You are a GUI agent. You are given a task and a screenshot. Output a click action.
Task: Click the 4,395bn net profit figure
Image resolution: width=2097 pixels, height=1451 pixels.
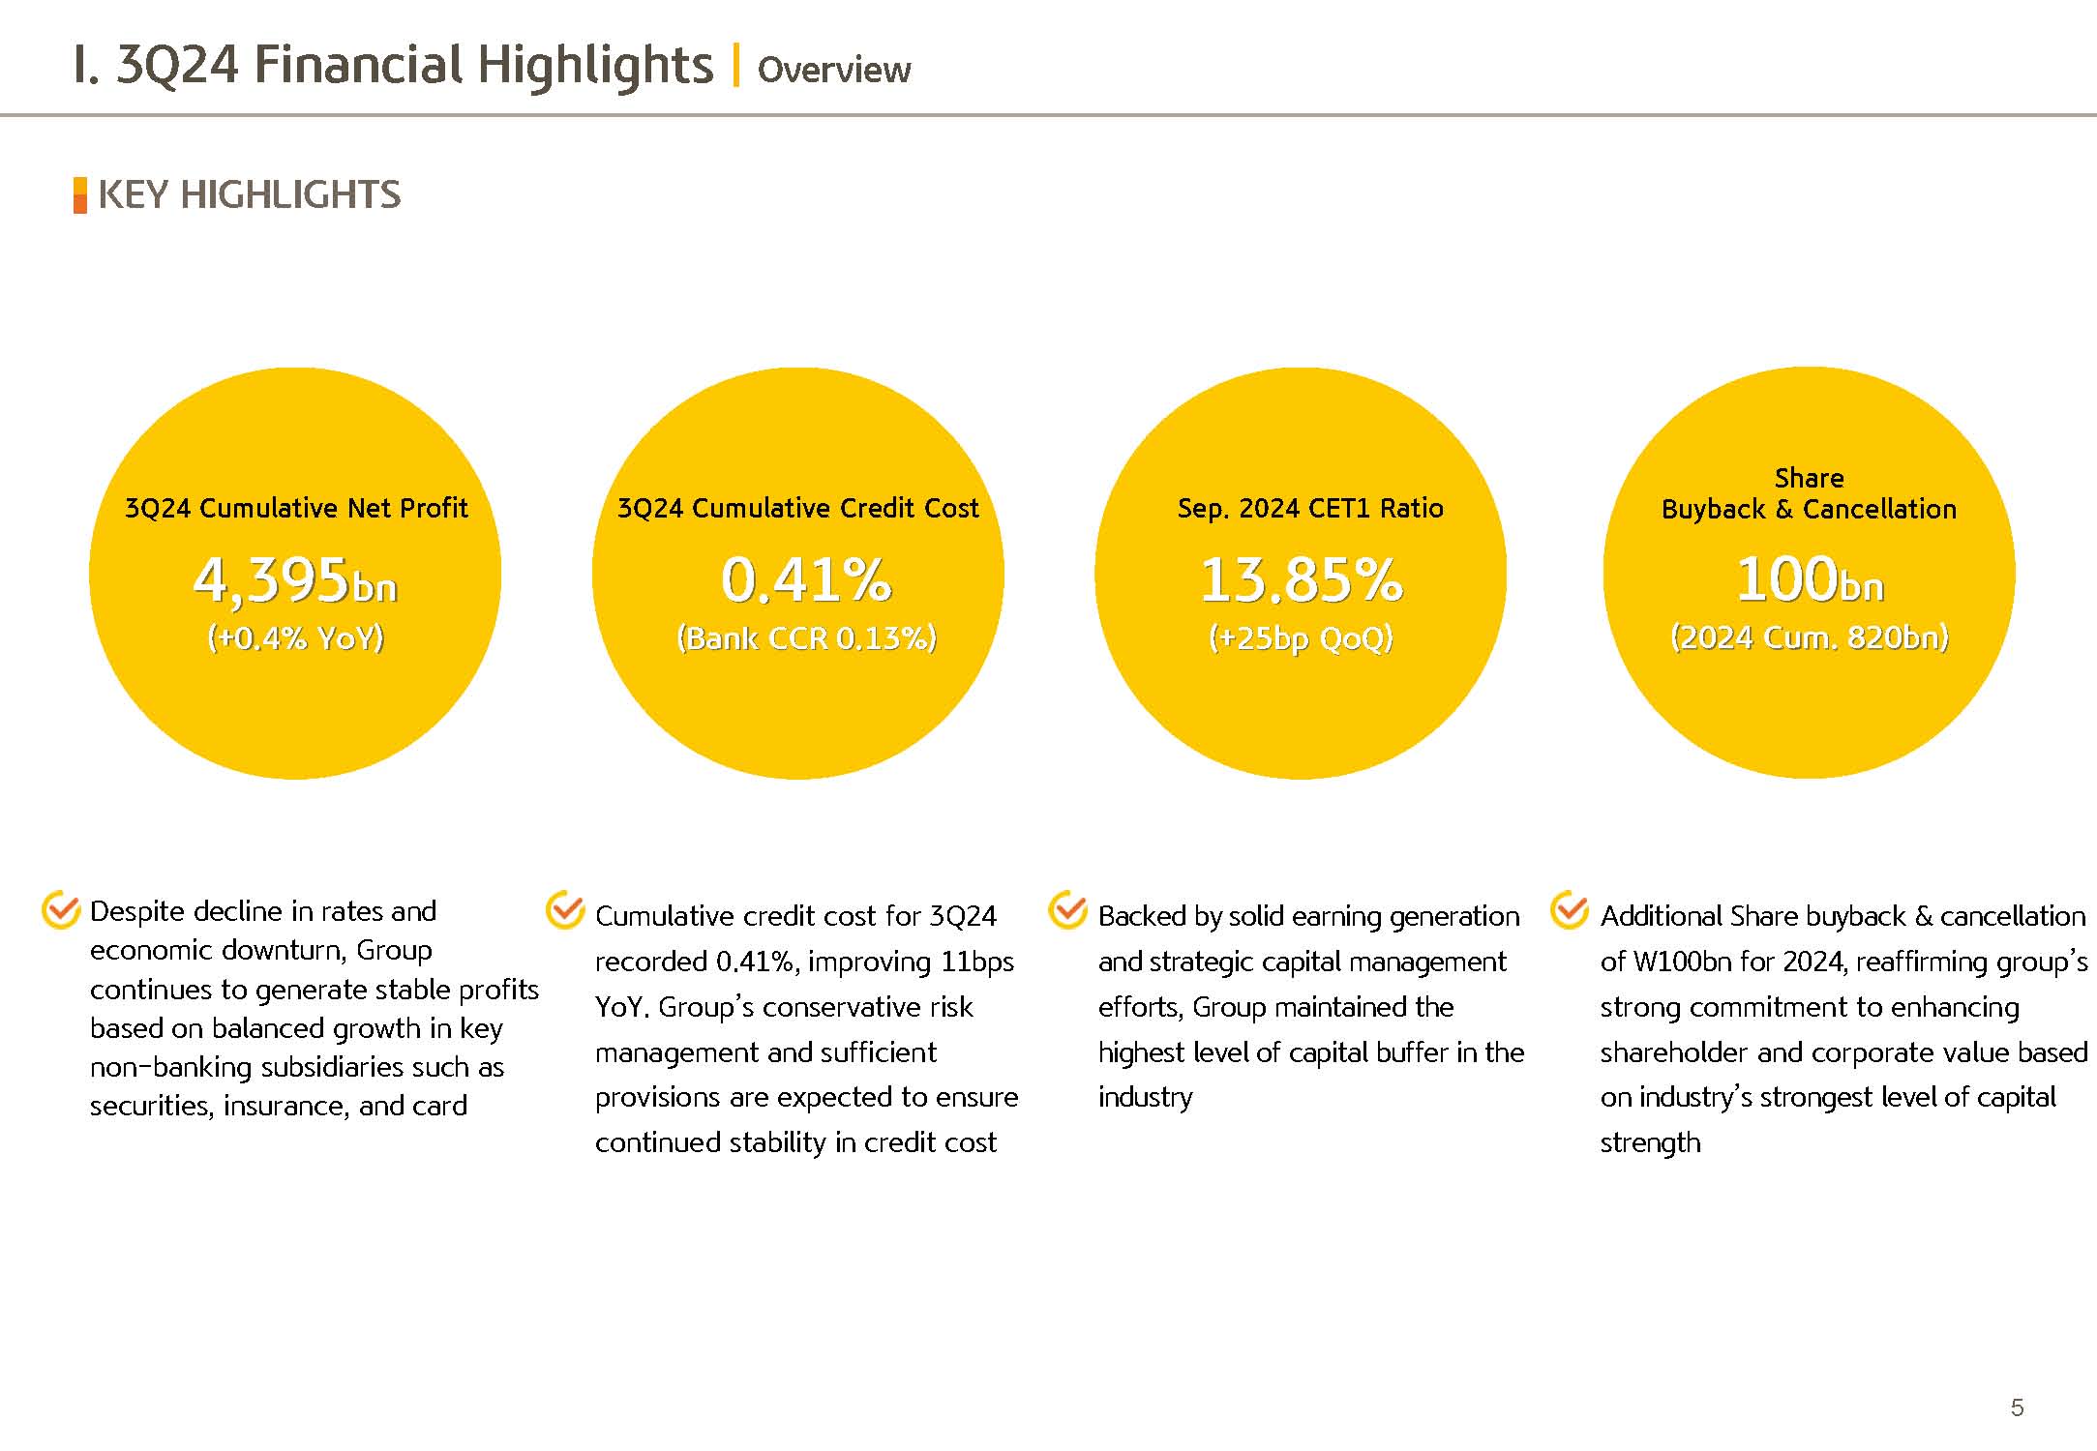click(x=295, y=580)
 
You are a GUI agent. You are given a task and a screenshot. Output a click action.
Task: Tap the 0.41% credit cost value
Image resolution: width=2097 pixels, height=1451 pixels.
click(x=805, y=580)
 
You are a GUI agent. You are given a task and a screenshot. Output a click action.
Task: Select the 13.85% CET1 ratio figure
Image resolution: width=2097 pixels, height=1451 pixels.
click(x=1301, y=580)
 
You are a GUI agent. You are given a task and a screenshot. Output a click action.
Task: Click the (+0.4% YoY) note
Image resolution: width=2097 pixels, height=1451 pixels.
click(x=295, y=638)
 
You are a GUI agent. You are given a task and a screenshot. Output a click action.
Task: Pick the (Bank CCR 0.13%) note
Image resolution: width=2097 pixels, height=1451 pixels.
click(x=806, y=638)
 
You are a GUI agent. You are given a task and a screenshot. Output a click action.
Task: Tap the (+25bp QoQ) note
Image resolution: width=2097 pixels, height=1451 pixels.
click(x=1301, y=638)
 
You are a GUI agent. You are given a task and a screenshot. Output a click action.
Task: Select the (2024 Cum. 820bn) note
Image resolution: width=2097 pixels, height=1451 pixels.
click(x=1809, y=637)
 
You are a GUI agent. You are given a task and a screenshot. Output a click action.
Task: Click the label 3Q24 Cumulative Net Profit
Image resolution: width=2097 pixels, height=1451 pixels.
click(x=296, y=508)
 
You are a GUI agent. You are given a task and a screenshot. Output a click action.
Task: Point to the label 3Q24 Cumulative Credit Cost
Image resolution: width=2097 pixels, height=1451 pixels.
click(x=798, y=508)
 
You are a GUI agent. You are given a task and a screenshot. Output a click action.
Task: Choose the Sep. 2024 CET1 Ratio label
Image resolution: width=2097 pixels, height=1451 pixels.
click(x=1310, y=508)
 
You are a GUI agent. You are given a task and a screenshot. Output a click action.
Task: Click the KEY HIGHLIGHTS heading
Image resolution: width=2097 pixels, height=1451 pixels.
click(x=249, y=195)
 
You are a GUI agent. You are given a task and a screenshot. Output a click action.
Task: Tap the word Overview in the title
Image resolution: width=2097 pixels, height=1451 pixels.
click(x=833, y=70)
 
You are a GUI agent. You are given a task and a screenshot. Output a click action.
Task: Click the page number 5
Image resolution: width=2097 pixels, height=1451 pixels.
click(x=2017, y=1407)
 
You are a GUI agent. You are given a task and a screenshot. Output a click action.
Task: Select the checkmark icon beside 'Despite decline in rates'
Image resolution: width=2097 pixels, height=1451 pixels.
click(x=61, y=909)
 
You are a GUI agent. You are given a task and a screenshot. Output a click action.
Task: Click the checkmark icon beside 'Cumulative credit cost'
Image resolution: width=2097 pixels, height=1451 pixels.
click(x=565, y=910)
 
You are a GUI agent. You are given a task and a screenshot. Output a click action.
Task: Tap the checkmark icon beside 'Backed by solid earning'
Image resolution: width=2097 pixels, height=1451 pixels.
click(x=1068, y=910)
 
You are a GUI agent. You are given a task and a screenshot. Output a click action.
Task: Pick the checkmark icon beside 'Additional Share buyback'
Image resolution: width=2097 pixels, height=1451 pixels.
click(x=1570, y=910)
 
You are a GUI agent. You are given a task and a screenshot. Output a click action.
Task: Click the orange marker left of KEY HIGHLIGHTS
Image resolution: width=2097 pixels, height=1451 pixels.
click(x=80, y=195)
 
